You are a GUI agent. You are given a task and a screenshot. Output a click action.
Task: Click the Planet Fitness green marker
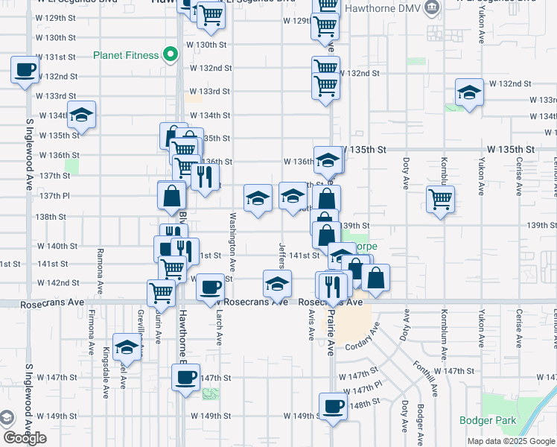[171, 54]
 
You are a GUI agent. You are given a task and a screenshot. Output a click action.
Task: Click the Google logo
[25, 438]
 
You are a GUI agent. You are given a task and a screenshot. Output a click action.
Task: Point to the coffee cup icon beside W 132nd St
[24, 71]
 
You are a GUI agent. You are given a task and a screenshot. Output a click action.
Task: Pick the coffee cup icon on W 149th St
[333, 407]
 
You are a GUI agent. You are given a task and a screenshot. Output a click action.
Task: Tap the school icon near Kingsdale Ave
[127, 346]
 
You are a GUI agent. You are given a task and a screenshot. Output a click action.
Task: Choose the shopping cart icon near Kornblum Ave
[441, 199]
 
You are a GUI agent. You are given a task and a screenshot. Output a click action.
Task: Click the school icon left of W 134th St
[81, 115]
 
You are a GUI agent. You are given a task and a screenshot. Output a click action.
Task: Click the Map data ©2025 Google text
[511, 441]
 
